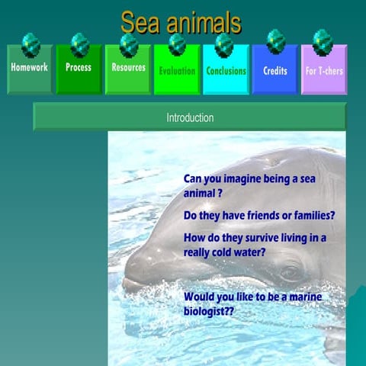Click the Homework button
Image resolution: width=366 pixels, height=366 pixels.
[x=30, y=69]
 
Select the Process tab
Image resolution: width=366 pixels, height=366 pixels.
[x=79, y=69]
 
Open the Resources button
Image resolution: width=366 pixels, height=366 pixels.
[x=128, y=69]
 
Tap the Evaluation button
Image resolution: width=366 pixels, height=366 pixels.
[x=177, y=71]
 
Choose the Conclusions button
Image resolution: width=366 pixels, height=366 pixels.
[x=226, y=71]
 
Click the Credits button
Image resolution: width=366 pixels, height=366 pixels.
[x=275, y=71]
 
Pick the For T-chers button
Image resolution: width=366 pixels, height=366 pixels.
[x=324, y=71]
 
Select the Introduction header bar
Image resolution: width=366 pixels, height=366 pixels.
[x=189, y=118]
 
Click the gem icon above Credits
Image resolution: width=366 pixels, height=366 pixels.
[x=275, y=40]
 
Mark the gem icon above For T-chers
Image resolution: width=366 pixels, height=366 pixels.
[x=323, y=40]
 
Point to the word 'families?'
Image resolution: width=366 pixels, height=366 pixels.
[x=311, y=216]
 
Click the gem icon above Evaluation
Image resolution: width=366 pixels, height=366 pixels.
[x=177, y=42]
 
